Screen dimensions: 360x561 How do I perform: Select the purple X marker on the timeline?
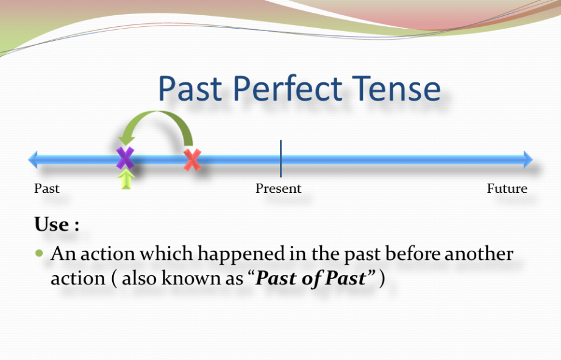pyautogui.click(x=125, y=158)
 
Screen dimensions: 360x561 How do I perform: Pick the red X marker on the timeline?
pyautogui.click(x=193, y=160)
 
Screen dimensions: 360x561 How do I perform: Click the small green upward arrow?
pyautogui.click(x=126, y=179)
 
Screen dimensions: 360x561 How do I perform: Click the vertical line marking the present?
pyautogui.click(x=280, y=159)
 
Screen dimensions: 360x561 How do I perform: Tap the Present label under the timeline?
pyautogui.click(x=278, y=189)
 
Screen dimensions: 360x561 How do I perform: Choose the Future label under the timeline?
pyautogui.click(x=507, y=189)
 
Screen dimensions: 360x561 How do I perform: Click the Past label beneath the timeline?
pyautogui.click(x=46, y=189)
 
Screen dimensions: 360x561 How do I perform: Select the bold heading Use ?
pyautogui.click(x=57, y=225)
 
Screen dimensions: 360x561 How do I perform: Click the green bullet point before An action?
pyautogui.click(x=40, y=253)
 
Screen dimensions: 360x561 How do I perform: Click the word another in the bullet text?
pyautogui.click(x=479, y=253)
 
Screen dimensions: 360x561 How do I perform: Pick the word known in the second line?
pyautogui.click(x=184, y=278)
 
